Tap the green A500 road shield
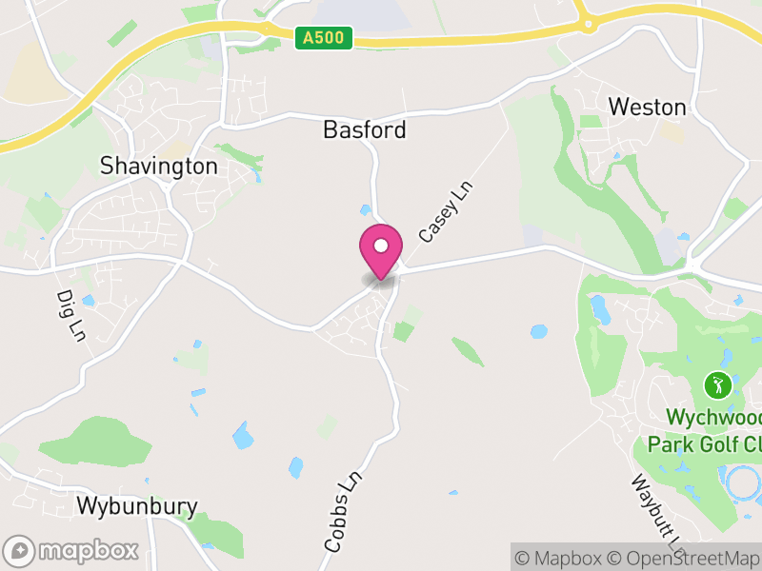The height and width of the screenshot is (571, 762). (324, 37)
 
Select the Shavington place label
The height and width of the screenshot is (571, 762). (159, 167)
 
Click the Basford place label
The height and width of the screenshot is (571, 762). (365, 129)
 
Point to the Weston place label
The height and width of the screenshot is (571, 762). (648, 107)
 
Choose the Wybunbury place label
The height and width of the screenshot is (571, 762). (137, 505)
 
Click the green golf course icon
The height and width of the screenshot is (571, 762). (717, 385)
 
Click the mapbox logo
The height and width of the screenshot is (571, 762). (72, 550)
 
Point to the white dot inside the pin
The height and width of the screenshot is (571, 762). (380, 246)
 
